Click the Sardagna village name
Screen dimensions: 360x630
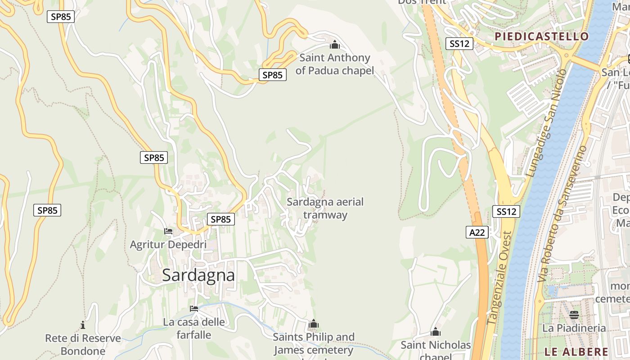tap(198, 275)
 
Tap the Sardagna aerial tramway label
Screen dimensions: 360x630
tap(325, 208)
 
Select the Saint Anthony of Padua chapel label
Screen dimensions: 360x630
tap(335, 64)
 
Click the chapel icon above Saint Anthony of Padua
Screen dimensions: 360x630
tap(335, 45)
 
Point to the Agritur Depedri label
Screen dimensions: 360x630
tap(168, 245)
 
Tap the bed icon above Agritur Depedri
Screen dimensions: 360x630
tap(168, 231)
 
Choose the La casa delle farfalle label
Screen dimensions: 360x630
tap(194, 328)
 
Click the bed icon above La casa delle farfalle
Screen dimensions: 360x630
tap(194, 309)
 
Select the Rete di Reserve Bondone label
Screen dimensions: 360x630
tap(83, 344)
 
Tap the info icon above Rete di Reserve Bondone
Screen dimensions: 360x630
tap(83, 325)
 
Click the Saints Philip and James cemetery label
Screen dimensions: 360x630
tap(314, 343)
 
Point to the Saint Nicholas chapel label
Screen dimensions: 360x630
tap(436, 349)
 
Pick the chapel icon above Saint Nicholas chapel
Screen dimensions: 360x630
tap(436, 333)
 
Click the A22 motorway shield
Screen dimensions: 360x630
tap(477, 232)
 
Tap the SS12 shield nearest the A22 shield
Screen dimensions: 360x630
tap(506, 211)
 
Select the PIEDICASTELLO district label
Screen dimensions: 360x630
tap(541, 36)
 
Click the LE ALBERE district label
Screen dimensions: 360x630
tap(576, 352)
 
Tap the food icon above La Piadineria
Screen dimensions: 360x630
tap(574, 315)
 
